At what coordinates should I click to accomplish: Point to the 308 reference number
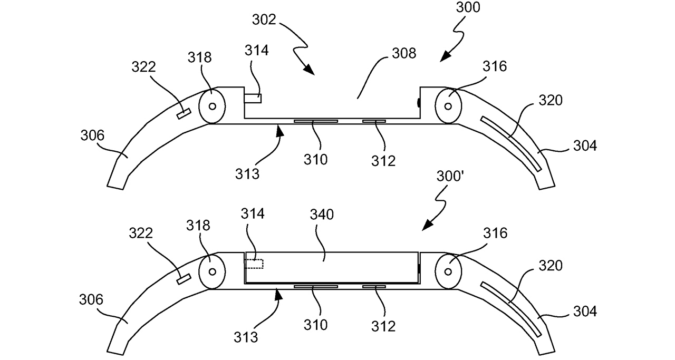coord(404,53)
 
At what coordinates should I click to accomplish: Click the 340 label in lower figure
coord(323,215)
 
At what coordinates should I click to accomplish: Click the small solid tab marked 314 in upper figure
coord(253,98)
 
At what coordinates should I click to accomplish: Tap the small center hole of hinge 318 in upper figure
coord(212,106)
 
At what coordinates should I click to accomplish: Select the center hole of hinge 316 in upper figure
coord(448,106)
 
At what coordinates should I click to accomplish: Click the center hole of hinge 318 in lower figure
coord(212,271)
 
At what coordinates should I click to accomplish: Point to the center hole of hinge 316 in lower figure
coord(448,271)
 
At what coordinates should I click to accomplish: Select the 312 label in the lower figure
coord(383,326)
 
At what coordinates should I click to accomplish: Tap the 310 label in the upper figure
coord(315,159)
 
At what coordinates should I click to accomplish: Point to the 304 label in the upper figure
coord(584,145)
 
